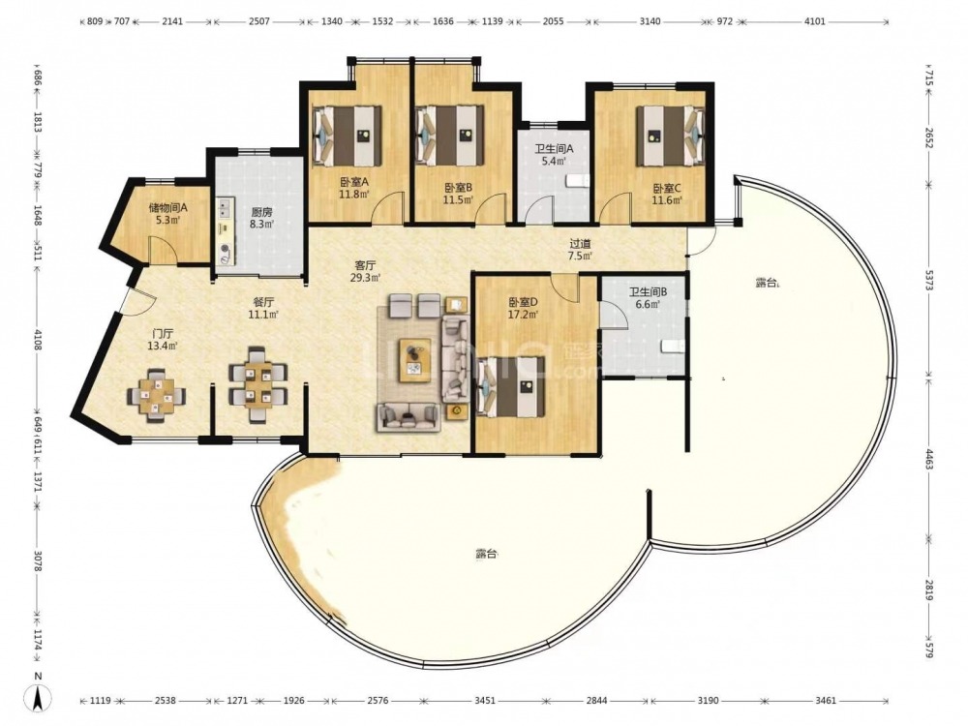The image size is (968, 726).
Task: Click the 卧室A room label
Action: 354,182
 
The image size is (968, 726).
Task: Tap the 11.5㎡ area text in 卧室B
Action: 458,199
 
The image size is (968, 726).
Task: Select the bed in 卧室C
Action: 671,136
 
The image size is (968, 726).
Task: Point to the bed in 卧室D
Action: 512,386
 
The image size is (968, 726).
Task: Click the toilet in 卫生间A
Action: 579,180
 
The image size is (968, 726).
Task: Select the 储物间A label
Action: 167,207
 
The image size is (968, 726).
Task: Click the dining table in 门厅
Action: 156,395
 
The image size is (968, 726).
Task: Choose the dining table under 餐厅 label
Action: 257,384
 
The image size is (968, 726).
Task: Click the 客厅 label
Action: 365,265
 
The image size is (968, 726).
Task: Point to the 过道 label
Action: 580,244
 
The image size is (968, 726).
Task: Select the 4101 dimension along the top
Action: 815,21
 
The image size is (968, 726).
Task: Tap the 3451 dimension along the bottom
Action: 485,700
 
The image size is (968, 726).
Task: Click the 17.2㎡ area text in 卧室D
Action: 524,315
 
